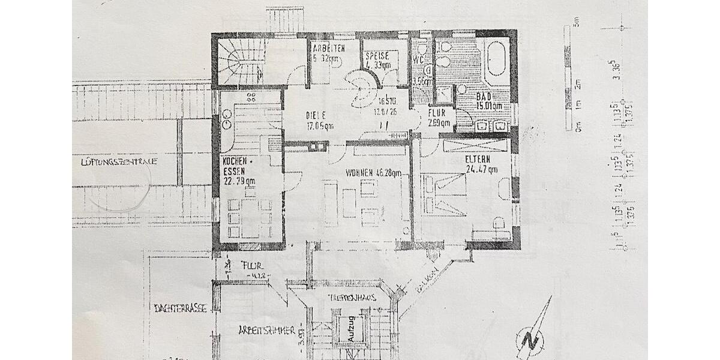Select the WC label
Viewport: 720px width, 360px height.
pyautogui.click(x=418, y=61)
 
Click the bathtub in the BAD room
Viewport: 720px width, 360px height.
pyautogui.click(x=496, y=58)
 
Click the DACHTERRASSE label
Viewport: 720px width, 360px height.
pyautogui.click(x=180, y=308)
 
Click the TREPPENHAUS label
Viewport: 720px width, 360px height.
pyautogui.click(x=352, y=298)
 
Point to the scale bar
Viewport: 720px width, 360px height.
pyautogui.click(x=567, y=78)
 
